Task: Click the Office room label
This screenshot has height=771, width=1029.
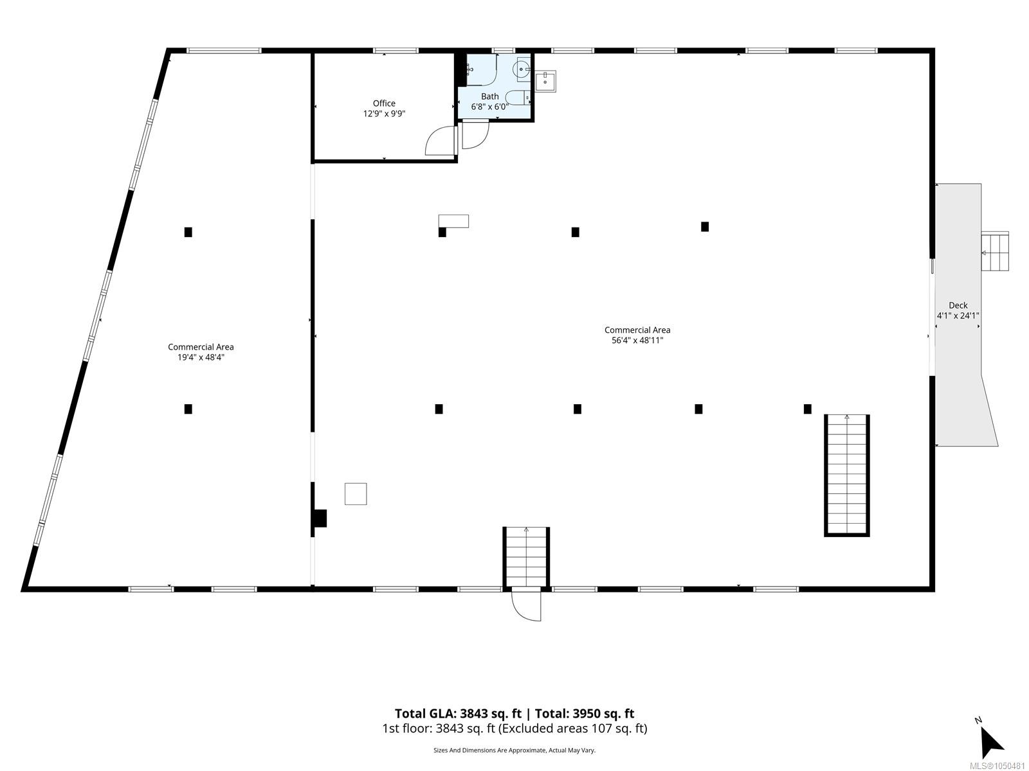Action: point(384,103)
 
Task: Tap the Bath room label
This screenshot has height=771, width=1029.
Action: point(490,96)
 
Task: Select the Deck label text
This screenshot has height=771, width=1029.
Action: point(958,305)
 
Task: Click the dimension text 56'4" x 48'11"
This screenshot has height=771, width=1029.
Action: point(637,341)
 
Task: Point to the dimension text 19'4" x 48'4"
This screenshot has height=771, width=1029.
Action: point(201,357)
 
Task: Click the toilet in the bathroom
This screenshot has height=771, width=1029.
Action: point(520,98)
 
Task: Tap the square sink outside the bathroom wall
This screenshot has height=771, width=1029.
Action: point(545,82)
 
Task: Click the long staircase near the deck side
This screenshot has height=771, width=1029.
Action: point(846,475)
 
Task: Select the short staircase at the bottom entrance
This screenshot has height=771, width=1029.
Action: point(526,556)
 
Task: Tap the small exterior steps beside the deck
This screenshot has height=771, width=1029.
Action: point(995,251)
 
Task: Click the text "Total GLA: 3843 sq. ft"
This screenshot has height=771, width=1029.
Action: point(458,713)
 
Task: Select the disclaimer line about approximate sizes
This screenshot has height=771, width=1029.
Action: point(514,750)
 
